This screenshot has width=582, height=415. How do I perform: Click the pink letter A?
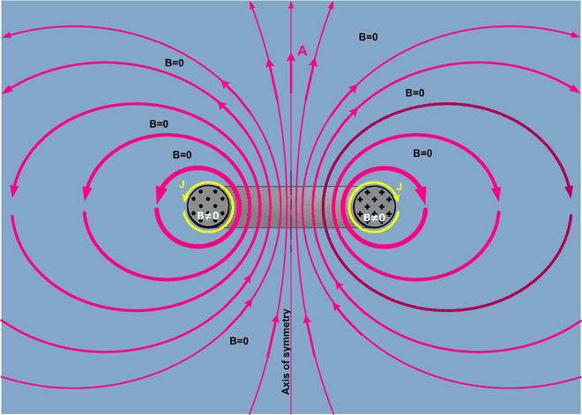pyautogui.click(x=302, y=50)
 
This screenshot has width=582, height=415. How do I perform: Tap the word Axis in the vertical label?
pyautogui.click(x=286, y=385)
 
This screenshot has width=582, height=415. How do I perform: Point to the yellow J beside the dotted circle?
pyautogui.click(x=182, y=184)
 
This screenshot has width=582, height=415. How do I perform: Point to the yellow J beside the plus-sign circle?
pyautogui.click(x=399, y=187)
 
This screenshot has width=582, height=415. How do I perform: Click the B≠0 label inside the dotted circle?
pyautogui.click(x=208, y=216)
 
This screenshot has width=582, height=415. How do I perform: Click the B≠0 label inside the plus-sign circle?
pyautogui.click(x=374, y=218)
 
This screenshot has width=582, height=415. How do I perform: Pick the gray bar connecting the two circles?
pyautogui.click(x=291, y=207)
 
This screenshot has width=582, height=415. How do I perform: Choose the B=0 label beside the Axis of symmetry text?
pyautogui.click(x=239, y=341)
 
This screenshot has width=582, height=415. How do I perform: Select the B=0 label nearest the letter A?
pyautogui.click(x=369, y=37)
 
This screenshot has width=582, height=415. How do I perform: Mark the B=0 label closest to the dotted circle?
pyautogui.click(x=183, y=155)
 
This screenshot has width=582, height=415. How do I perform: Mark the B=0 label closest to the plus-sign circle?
pyautogui.click(x=422, y=152)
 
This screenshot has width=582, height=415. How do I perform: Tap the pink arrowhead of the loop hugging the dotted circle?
pyautogui.click(x=160, y=194)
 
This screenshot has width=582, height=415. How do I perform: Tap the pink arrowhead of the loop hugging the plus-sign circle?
pyautogui.click(x=421, y=193)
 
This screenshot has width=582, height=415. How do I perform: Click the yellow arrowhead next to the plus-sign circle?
pyautogui.click(x=397, y=197)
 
